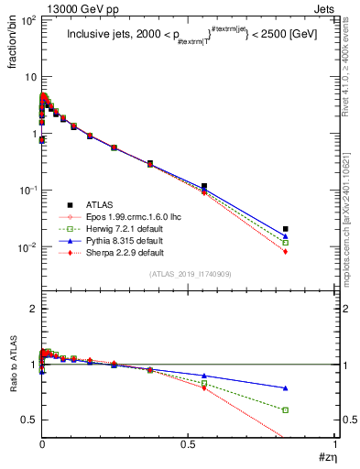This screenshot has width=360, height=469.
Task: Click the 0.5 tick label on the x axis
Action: click(x=189, y=445)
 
